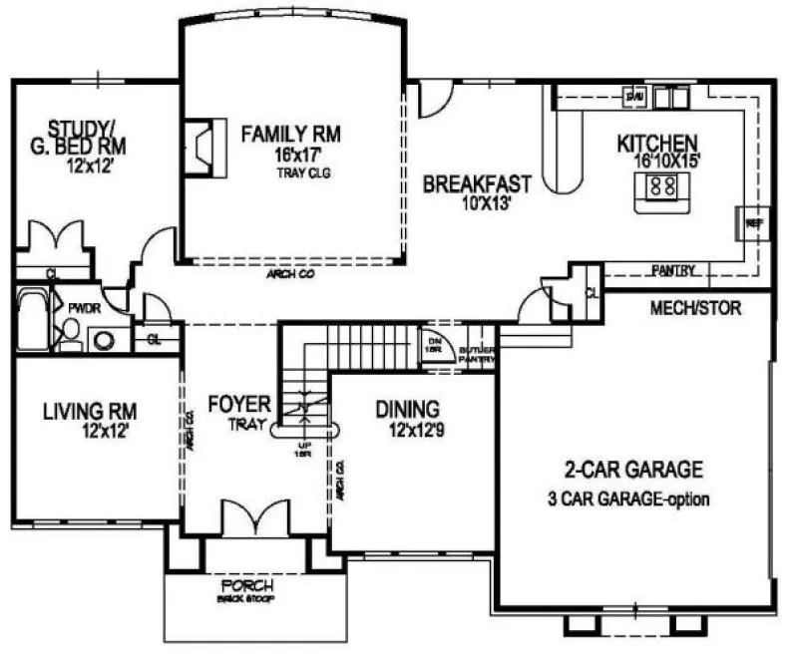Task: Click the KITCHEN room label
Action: (x=657, y=142)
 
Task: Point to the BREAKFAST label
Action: (x=476, y=185)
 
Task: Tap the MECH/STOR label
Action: (x=696, y=308)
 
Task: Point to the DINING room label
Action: (x=409, y=409)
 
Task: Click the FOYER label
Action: (x=239, y=404)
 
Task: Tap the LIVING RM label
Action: (x=90, y=410)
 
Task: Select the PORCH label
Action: (x=246, y=587)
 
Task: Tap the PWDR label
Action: (x=82, y=309)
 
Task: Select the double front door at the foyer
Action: (x=245, y=519)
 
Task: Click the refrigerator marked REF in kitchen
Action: (x=753, y=223)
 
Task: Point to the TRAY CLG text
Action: (x=303, y=172)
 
